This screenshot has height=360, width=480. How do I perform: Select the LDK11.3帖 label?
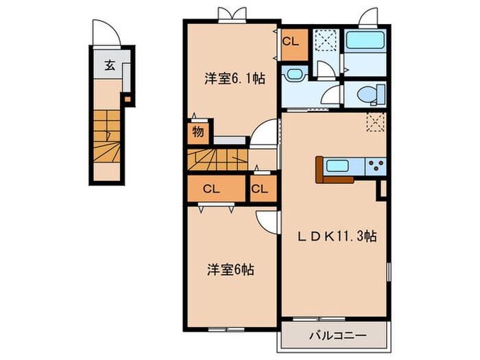[x=337, y=237]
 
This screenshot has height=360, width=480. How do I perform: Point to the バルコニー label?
[x=337, y=336]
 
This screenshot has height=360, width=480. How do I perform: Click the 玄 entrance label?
[x=109, y=67]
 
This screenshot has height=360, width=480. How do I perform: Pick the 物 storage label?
[x=197, y=132]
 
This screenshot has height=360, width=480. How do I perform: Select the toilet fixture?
[x=363, y=93]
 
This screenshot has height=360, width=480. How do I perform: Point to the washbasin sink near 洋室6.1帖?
[x=294, y=75]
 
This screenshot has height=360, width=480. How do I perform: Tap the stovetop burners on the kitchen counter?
[x=375, y=165]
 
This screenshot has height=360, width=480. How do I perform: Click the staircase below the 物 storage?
[x=214, y=162]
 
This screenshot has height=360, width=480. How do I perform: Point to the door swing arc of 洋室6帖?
[x=266, y=221]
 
